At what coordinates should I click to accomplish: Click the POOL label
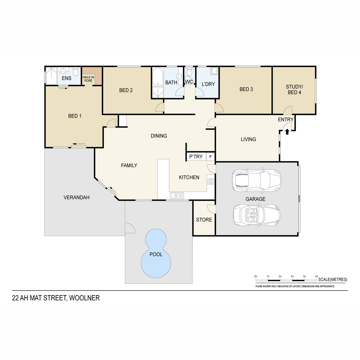[x=156, y=254]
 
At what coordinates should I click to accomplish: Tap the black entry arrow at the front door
[x=287, y=132]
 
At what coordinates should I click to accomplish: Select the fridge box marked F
[x=210, y=157]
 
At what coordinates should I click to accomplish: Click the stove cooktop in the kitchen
[x=211, y=181]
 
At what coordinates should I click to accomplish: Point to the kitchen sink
[x=177, y=196]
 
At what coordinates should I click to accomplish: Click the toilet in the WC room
[x=189, y=71]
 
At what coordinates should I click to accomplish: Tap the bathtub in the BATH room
[x=158, y=76]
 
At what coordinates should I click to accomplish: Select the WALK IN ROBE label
[x=88, y=79]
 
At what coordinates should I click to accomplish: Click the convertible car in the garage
[x=256, y=216]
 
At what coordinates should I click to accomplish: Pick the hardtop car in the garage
[x=256, y=181]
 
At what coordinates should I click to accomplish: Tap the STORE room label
[x=204, y=220]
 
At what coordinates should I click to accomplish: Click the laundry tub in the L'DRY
[x=214, y=71]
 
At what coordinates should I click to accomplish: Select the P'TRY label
[x=196, y=157]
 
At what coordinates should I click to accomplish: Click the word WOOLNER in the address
[x=84, y=298]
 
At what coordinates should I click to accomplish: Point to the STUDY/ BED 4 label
[x=294, y=89]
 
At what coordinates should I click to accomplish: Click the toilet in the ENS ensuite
[x=75, y=72]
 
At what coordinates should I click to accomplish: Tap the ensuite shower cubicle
[x=51, y=76]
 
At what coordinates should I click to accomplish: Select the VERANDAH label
[x=76, y=197]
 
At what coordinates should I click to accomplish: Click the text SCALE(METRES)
[x=333, y=280]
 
